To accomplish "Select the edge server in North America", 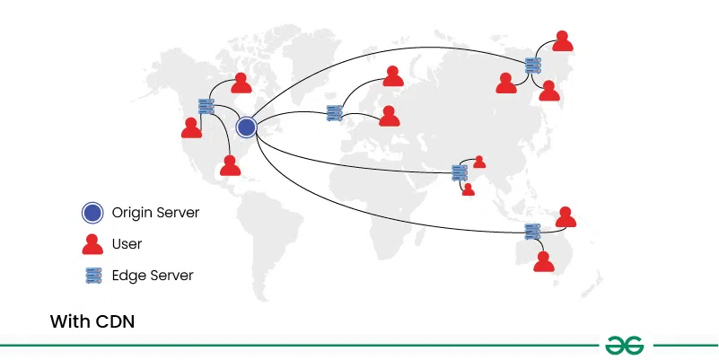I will pos(206,107).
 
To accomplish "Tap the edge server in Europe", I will pos(335,113).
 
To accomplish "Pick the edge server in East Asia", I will pos(533,65).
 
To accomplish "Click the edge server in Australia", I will pos(532,231).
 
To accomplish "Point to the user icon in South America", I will pos(231,165).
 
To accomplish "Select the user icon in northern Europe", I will pos(393,76).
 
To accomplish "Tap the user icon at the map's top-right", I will pos(563,41).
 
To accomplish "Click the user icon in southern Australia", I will pos(543,261).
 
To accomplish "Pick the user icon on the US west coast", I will pos(191,127).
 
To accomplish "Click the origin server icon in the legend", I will pos(92,214).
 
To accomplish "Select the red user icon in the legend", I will pos(92,244).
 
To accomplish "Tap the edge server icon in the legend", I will pos(92,275).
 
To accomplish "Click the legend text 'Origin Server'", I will pos(154,214).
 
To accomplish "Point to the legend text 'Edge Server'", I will pos(153,275).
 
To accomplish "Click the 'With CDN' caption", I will pos(92,320).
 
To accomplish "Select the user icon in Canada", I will pos(241,83).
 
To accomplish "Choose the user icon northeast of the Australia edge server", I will pos(566,216).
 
